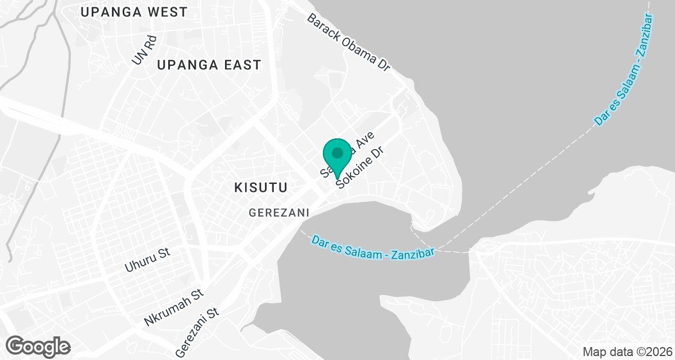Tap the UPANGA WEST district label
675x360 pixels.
point(133,12)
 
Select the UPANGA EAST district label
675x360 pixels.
point(209,65)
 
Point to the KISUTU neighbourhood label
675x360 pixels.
point(261,187)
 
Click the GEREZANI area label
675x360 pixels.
point(280,212)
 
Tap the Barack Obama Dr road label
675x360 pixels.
point(348,42)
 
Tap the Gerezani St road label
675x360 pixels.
point(196,332)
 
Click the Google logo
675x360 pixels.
point(39,345)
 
